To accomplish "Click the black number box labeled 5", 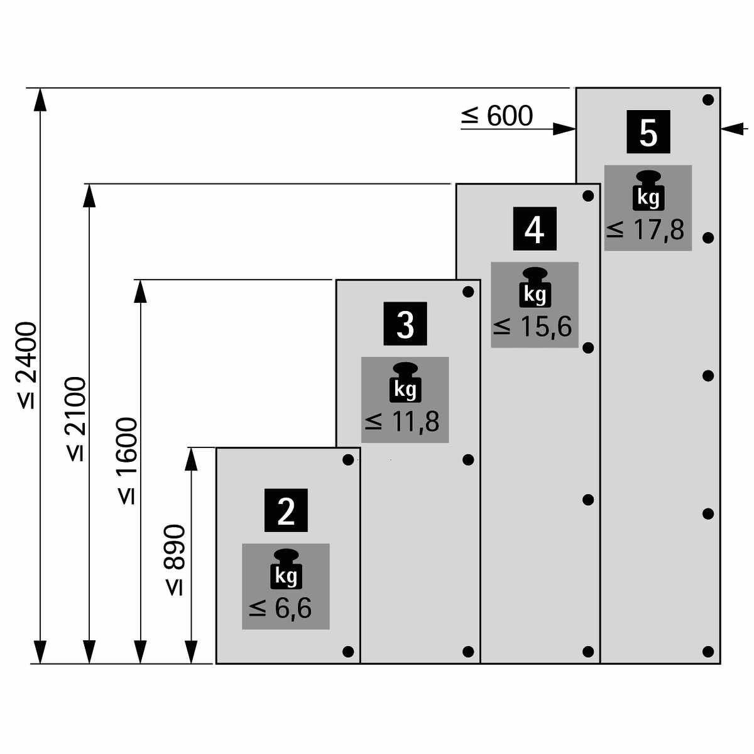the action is (x=648, y=131).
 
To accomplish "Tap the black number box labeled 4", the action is (x=535, y=229).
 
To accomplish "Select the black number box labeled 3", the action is (x=405, y=324).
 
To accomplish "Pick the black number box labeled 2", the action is (x=286, y=510).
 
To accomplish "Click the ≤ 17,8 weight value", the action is (x=646, y=231).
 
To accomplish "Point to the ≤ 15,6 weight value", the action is (x=533, y=326).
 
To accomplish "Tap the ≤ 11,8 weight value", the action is (x=402, y=422).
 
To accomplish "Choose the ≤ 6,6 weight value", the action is (x=280, y=608).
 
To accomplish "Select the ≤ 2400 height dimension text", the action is (x=28, y=366).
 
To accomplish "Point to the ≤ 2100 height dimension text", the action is (x=76, y=419).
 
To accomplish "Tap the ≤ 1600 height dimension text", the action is (x=127, y=461).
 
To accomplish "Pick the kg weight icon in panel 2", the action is (x=286, y=569).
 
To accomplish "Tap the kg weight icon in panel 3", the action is (x=405, y=382).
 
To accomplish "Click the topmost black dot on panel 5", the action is (x=708, y=100).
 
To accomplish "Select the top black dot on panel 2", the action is (x=348, y=460).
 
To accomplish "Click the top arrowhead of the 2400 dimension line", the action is (x=40, y=99).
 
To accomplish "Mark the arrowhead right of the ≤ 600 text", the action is (x=564, y=129).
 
